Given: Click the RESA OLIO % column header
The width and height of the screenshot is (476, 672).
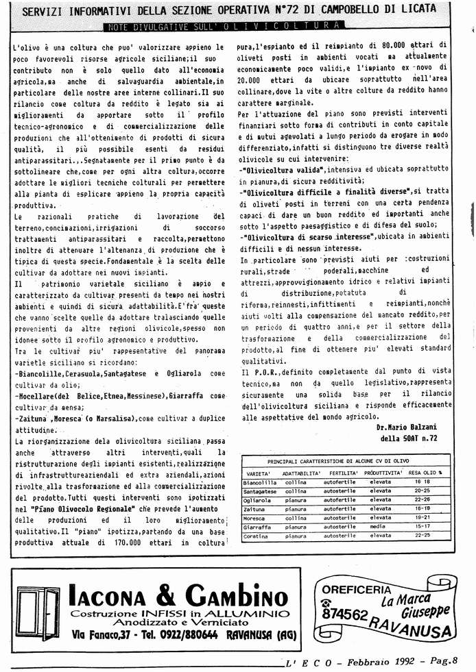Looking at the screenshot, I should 425,473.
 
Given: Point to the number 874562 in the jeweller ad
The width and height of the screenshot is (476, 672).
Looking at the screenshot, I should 346,614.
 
